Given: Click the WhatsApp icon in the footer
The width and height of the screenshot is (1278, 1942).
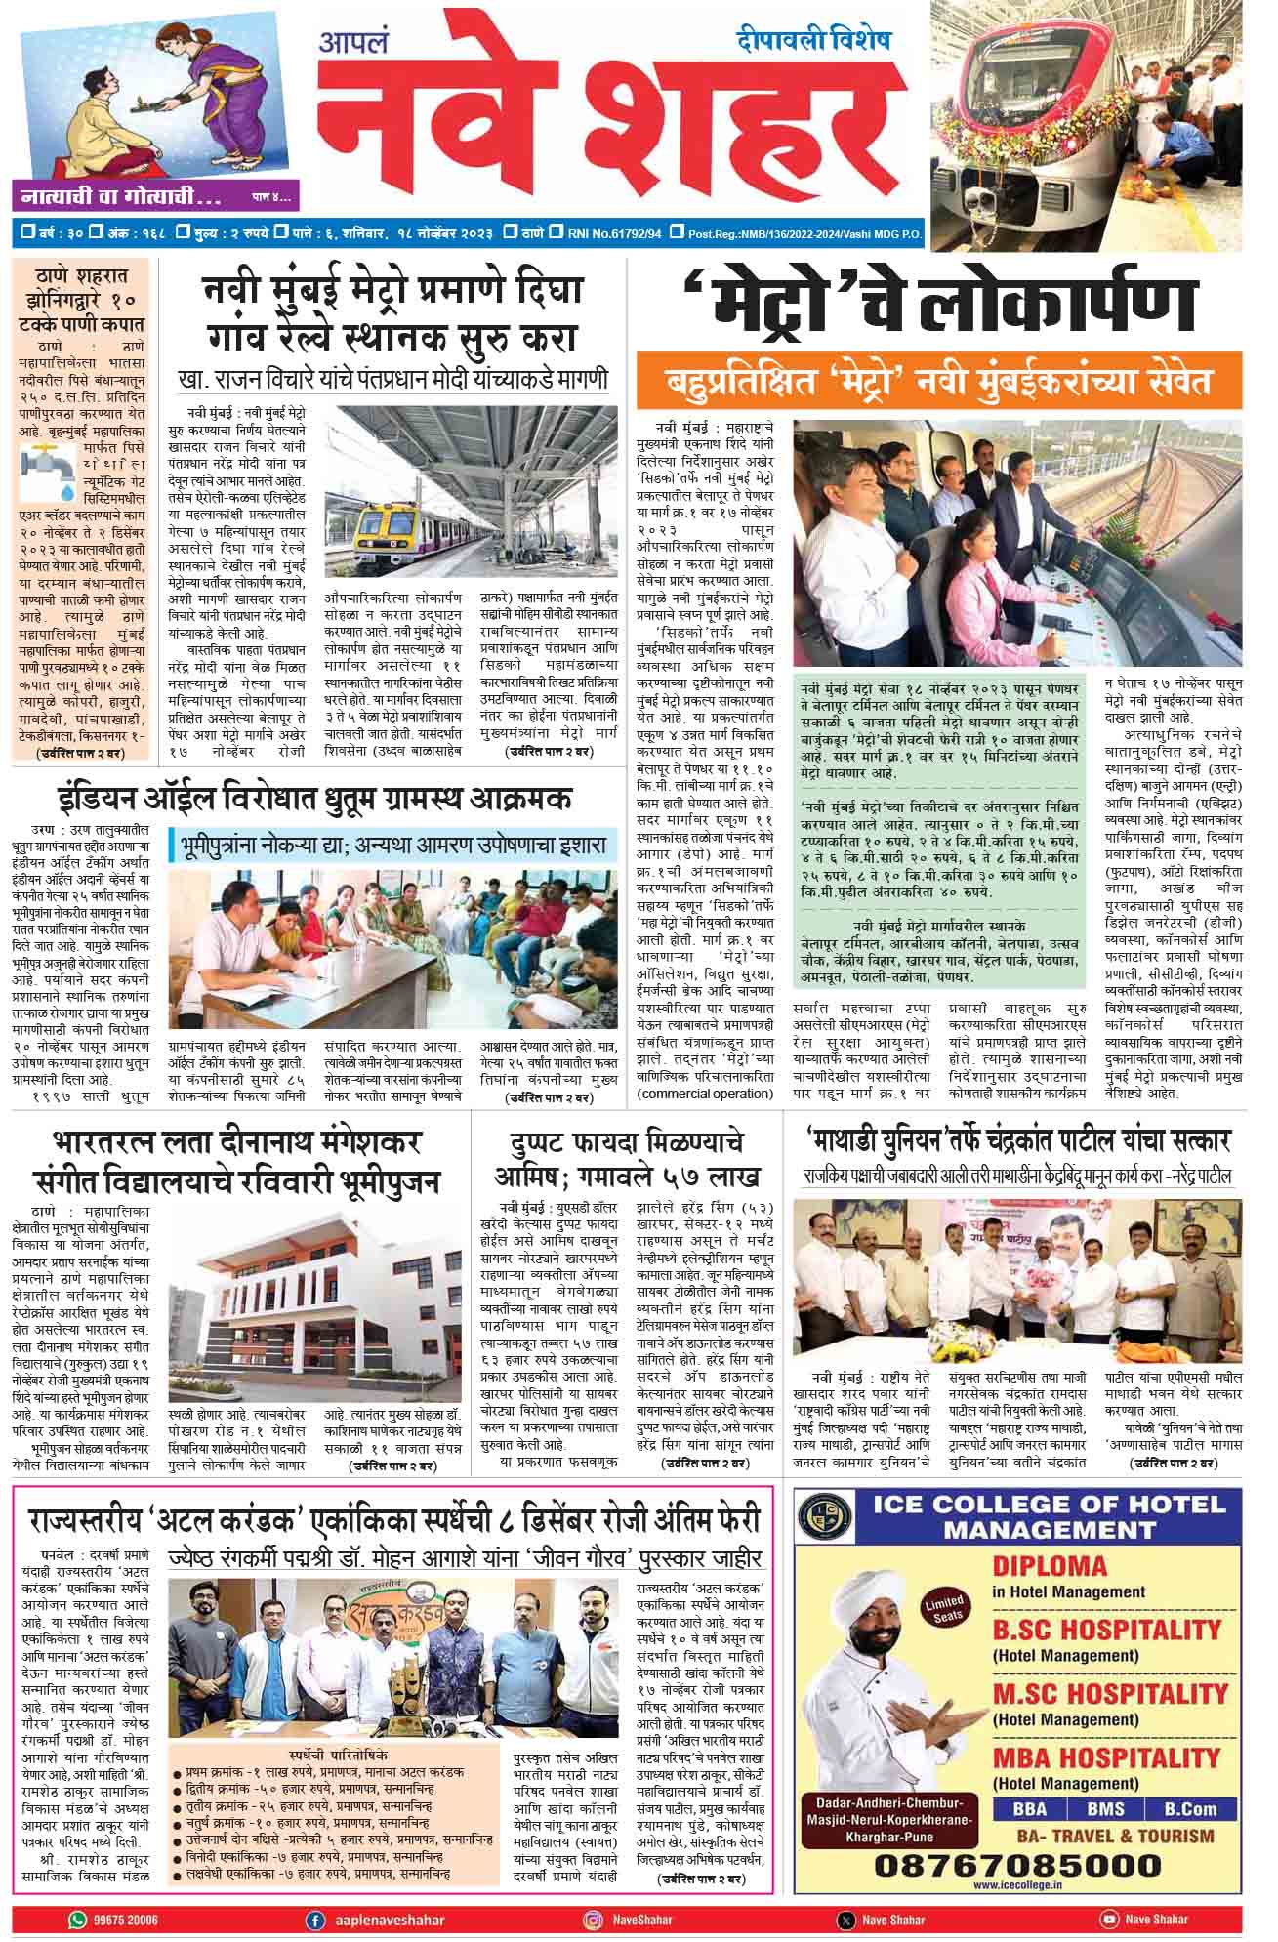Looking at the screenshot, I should pos(77,1920).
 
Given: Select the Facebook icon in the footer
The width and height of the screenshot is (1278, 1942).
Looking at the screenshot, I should pos(315,1920).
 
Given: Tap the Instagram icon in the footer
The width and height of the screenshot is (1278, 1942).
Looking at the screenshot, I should pos(592,1920).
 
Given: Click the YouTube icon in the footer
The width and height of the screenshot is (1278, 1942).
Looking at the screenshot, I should pos(1108,1920).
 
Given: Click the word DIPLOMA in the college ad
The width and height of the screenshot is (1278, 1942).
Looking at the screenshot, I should pos(1050,1593).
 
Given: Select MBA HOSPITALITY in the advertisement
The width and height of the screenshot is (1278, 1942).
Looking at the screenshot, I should pos(1106,1757).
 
